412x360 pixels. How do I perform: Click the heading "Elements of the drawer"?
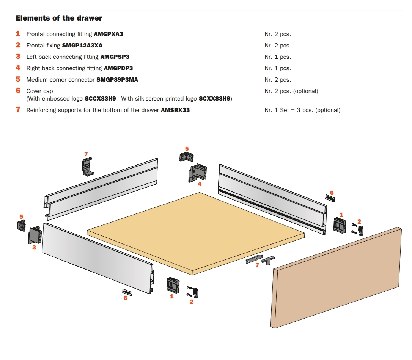click(59, 18)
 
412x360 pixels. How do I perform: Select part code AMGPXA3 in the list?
click(108, 34)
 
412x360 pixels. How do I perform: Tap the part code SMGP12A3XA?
click(82, 46)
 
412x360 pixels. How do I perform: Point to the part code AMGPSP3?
click(115, 57)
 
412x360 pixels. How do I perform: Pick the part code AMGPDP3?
click(118, 68)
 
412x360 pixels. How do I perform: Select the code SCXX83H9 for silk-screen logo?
click(214, 99)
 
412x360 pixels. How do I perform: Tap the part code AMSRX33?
click(175, 110)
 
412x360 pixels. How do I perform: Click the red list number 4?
click(18, 68)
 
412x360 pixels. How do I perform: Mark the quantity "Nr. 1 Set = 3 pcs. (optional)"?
click(302, 110)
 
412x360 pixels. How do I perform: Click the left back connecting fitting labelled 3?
click(35, 235)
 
